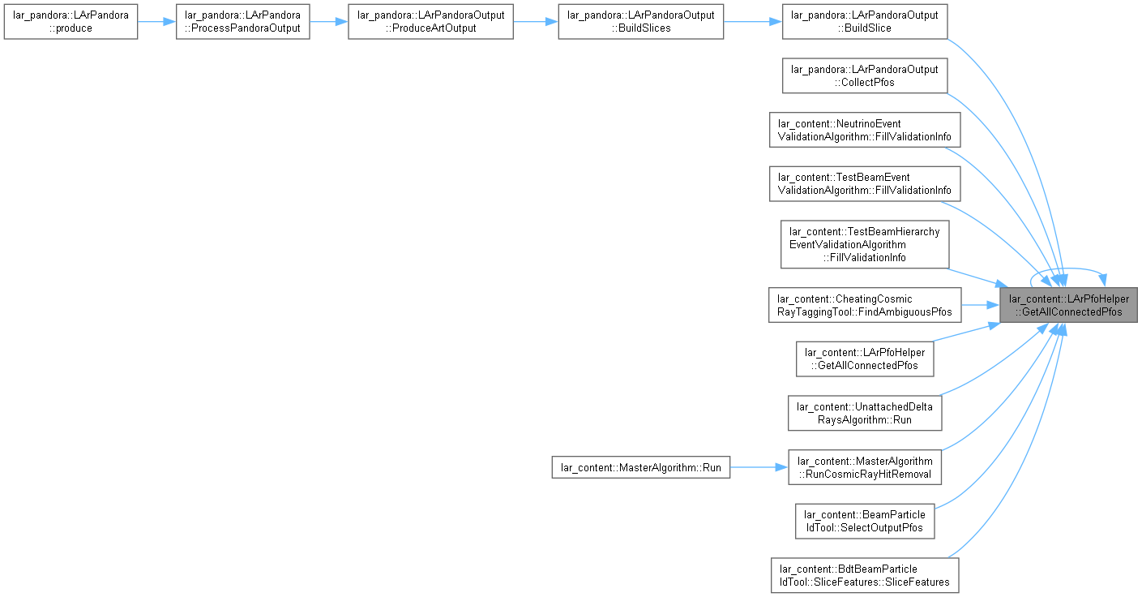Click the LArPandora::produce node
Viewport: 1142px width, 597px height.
(71, 22)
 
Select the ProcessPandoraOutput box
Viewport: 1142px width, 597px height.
(242, 22)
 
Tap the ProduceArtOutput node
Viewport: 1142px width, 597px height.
(431, 22)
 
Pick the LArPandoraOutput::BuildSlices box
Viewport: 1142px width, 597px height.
(641, 22)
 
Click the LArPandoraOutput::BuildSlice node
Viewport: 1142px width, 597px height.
(865, 22)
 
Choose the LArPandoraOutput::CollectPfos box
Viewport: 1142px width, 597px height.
(865, 76)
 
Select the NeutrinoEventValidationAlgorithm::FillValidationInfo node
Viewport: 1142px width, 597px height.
(865, 130)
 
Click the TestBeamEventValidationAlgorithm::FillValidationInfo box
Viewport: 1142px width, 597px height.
(865, 183)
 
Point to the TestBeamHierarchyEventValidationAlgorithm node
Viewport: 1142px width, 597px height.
(865, 244)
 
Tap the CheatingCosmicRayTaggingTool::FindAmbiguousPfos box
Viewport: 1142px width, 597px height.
(865, 305)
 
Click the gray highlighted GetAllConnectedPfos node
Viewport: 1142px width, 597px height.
(1068, 305)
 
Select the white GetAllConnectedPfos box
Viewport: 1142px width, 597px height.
(865, 359)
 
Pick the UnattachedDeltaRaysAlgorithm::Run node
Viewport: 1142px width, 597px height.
(865, 414)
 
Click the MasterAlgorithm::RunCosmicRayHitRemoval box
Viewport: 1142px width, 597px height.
(865, 467)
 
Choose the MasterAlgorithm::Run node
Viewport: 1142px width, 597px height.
(641, 467)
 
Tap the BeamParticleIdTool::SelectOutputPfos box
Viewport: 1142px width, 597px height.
(865, 521)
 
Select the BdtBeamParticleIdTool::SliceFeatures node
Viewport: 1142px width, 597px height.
(865, 575)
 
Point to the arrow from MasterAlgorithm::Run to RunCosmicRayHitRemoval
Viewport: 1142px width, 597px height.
(759, 467)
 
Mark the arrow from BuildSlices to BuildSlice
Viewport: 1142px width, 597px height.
(753, 22)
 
